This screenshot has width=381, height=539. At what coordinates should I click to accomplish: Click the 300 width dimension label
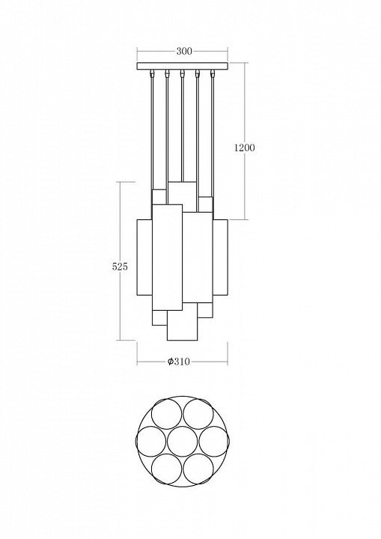click(x=184, y=51)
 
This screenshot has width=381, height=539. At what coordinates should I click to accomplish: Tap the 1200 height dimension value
click(x=245, y=147)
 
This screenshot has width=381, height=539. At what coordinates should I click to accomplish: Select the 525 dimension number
click(x=120, y=267)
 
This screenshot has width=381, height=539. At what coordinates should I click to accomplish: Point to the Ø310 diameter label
click(x=178, y=362)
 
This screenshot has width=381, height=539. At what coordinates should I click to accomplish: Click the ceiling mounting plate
click(x=182, y=66)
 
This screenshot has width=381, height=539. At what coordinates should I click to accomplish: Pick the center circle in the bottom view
click(x=182, y=441)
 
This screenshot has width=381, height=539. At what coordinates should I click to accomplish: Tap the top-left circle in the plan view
click(x=167, y=414)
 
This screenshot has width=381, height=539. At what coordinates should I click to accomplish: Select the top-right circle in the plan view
click(x=198, y=414)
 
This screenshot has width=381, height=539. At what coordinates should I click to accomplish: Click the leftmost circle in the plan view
click(x=151, y=441)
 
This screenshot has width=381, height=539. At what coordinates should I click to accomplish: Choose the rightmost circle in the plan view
click(x=213, y=441)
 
